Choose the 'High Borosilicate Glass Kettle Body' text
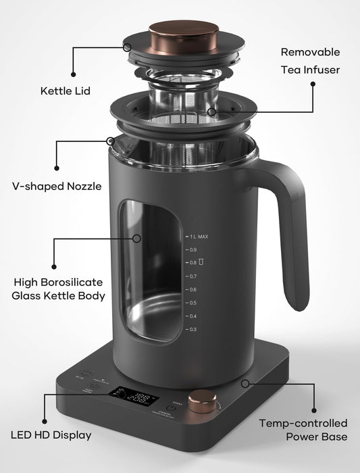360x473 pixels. (59, 289)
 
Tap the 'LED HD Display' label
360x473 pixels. (51, 435)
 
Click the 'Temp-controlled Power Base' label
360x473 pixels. (303, 430)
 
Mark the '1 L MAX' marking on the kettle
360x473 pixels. (199, 236)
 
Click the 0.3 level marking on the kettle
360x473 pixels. (192, 329)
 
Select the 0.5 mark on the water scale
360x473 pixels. (192, 303)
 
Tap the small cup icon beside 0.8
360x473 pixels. (201, 262)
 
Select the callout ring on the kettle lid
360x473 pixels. (126, 47)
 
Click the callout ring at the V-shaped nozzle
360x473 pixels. (110, 141)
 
